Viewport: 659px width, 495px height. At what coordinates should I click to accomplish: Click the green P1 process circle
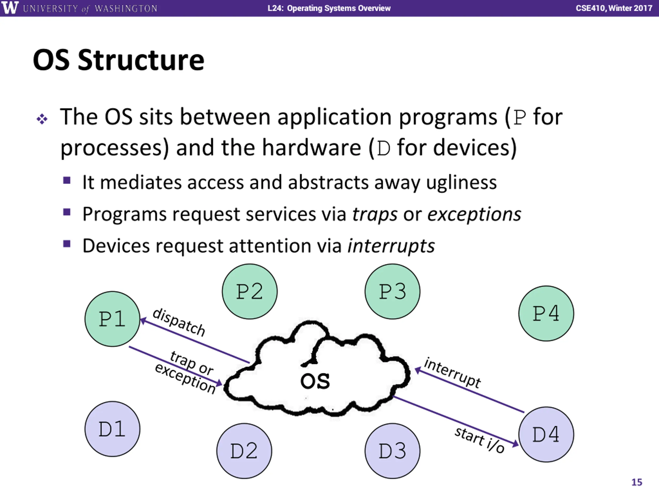coord(112,319)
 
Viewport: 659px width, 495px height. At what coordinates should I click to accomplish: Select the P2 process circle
coord(250,291)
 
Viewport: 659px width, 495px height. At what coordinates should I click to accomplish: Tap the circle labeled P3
coord(392,291)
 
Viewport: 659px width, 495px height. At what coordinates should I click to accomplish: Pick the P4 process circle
coord(546,313)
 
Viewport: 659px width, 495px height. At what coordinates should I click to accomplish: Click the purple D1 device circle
coord(112,429)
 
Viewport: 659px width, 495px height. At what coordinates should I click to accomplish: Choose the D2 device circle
coord(244,451)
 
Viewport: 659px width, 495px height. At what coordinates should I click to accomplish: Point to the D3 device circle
coord(392,451)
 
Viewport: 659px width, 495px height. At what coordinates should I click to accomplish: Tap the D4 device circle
coord(546,434)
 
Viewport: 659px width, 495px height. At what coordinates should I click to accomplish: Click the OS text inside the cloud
coord(315,381)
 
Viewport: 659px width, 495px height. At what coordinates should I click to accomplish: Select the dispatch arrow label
coord(179,323)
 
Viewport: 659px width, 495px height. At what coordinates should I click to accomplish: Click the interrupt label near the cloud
coord(452,373)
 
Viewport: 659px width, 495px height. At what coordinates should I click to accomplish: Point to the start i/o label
coord(479,440)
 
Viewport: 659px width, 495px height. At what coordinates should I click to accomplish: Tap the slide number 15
coord(637,482)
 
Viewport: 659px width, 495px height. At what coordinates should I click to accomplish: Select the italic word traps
coord(375,214)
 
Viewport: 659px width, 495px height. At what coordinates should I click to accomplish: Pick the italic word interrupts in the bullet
coord(391,246)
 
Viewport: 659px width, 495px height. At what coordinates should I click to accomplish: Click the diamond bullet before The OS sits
coord(42,119)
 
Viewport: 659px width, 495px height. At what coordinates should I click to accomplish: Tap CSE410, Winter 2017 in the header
coord(614,8)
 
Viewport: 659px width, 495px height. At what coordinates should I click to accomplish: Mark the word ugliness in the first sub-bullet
coord(461,182)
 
